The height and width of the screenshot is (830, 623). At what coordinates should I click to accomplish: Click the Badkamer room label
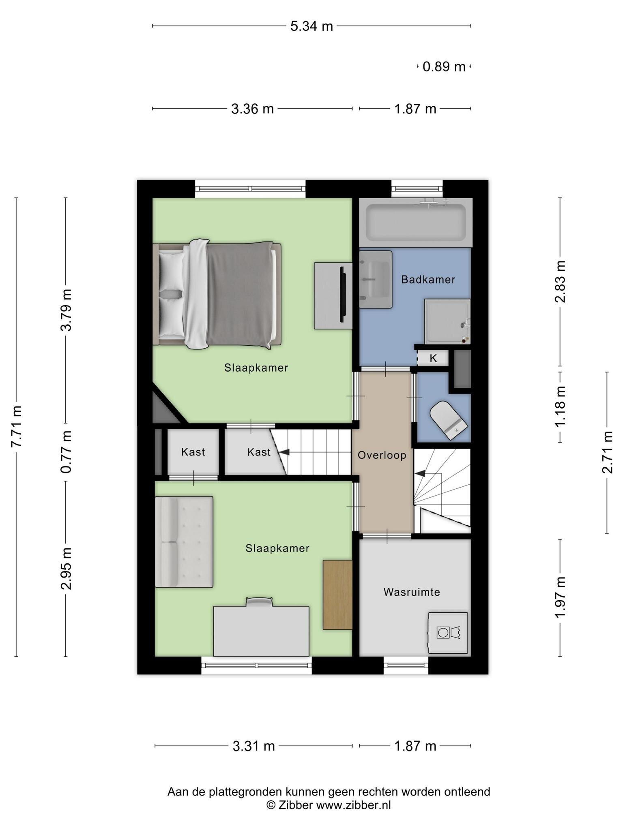coord(428,280)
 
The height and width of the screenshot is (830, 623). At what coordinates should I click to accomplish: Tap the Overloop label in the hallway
coord(382,455)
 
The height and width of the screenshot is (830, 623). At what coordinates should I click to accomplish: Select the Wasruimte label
coord(412,592)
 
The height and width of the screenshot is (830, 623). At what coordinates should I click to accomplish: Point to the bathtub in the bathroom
coord(416,222)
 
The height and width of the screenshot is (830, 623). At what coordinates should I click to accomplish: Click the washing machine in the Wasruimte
coord(448,633)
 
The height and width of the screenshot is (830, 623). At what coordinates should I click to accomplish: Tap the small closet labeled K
coord(433,358)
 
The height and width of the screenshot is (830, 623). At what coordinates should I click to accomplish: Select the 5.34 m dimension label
coord(311,26)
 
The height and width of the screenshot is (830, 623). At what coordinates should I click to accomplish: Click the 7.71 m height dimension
coord(16,426)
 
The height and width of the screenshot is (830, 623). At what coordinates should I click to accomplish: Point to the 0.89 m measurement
coord(444,66)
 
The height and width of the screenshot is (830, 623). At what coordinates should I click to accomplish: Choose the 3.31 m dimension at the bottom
coord(253,746)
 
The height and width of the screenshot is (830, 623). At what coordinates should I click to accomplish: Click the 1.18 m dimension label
coord(560,406)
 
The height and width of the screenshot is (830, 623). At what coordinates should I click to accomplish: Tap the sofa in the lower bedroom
coord(184,542)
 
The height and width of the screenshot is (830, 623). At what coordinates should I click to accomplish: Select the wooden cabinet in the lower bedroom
coord(337,595)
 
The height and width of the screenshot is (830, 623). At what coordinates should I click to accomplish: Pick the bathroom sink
coord(376,280)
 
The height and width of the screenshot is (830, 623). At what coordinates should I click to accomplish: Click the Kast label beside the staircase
coord(259,452)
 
